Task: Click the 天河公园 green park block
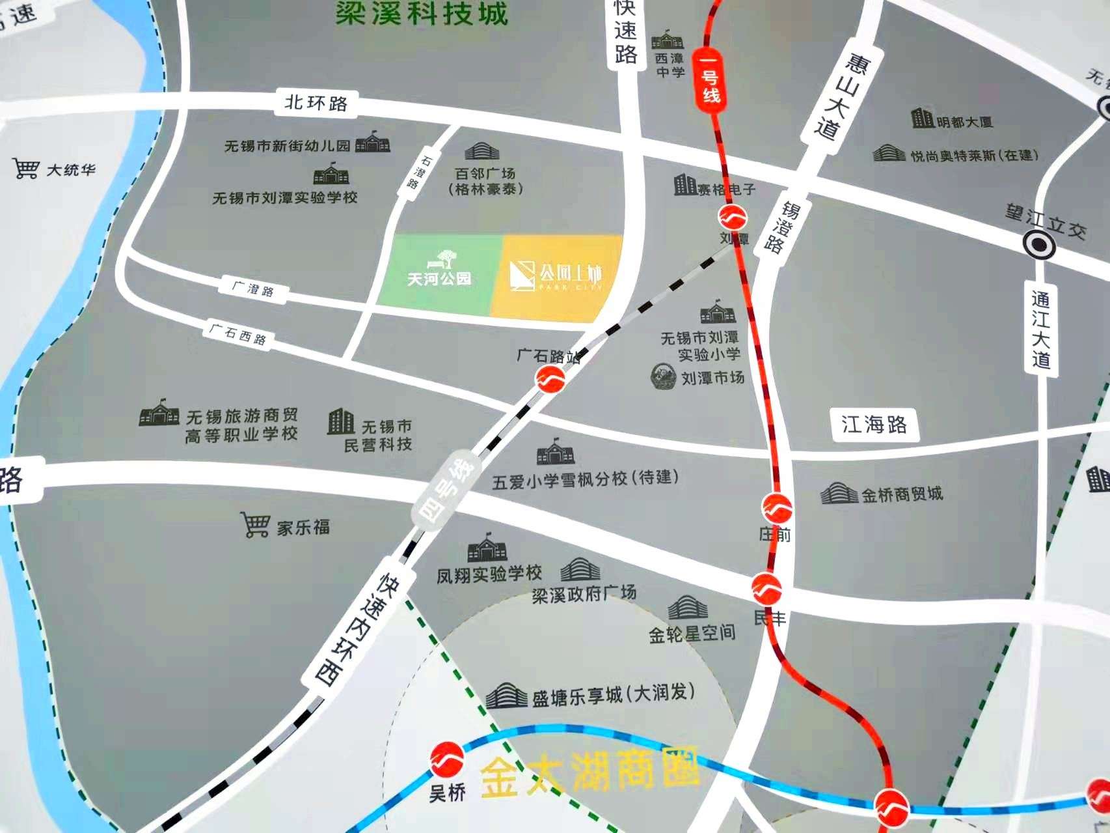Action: click(439, 277)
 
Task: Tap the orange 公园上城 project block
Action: click(556, 278)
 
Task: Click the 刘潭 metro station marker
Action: click(733, 217)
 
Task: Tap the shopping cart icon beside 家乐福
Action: click(255, 524)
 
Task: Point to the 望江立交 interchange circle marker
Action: click(1038, 246)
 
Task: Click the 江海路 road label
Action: click(874, 425)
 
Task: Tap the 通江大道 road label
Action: click(1041, 329)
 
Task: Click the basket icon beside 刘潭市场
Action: click(664, 376)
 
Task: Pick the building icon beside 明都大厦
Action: click(922, 119)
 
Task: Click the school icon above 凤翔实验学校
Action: click(487, 548)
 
